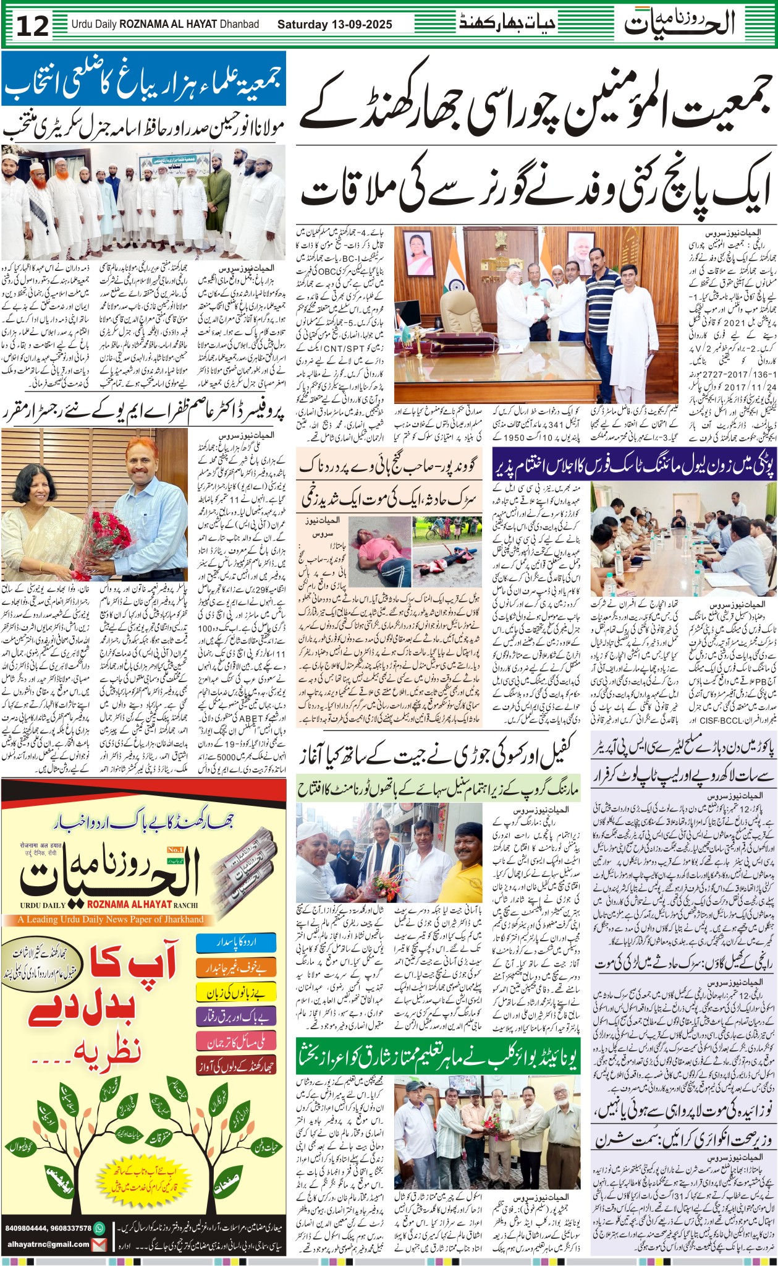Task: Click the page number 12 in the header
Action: point(32,25)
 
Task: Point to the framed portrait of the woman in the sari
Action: point(420,254)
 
